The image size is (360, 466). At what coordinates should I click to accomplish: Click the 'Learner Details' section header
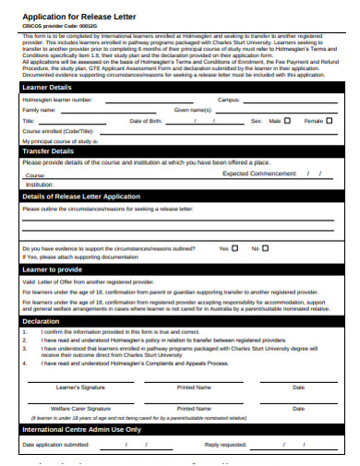[48, 87]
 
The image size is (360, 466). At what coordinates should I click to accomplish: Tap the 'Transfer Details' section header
[49, 151]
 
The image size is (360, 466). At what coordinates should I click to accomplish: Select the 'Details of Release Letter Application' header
[81, 197]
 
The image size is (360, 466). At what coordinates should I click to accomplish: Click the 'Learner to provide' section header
[53, 269]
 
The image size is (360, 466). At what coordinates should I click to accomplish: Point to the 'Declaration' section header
[42, 321]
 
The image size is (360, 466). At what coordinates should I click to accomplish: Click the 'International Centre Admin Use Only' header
[81, 429]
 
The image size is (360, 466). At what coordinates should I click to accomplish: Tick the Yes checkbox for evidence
[236, 248]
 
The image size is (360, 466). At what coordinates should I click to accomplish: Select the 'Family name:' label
[39, 110]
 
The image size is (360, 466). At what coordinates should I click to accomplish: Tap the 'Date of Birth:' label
[146, 121]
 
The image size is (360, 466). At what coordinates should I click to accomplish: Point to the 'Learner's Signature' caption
[80, 387]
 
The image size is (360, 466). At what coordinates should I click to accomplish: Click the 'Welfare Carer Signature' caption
[80, 407]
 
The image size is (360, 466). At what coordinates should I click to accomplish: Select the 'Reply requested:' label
[225, 445]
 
